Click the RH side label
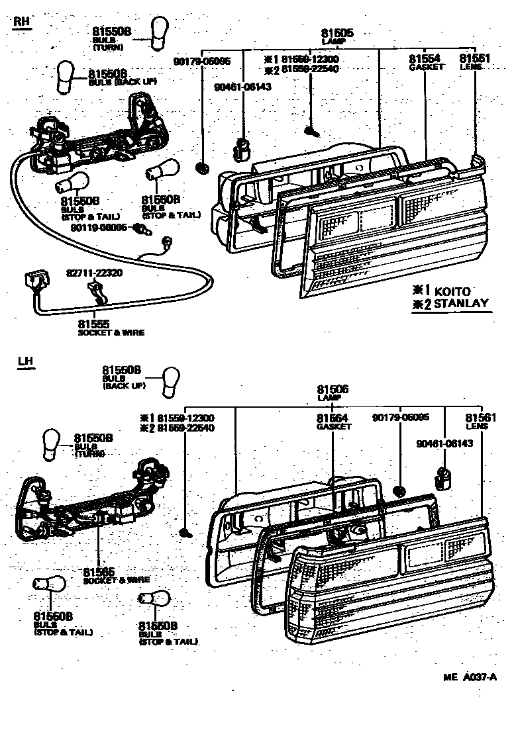(22, 21)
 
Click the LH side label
(25, 361)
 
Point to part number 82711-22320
(94, 273)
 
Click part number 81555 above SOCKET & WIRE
(94, 324)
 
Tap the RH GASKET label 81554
(425, 59)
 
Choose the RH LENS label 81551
(474, 59)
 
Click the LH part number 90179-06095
(400, 418)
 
